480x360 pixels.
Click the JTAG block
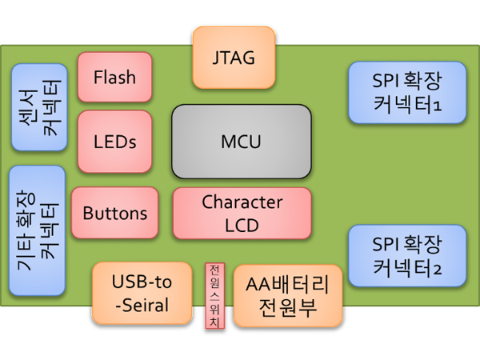tap(234, 58)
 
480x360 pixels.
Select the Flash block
tap(114, 77)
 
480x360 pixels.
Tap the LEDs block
tap(114, 142)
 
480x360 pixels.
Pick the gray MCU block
tap(242, 142)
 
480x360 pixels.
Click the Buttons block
tap(114, 213)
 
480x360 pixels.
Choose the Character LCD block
tap(242, 214)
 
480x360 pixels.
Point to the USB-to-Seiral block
tap(142, 294)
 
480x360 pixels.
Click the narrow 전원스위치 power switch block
tap(215, 296)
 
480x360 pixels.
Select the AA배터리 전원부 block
tap(288, 296)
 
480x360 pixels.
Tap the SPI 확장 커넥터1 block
tap(407, 93)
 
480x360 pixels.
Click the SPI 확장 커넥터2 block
tap(407, 256)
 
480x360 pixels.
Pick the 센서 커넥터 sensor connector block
tap(39, 107)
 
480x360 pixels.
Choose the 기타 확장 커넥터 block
tap(38, 231)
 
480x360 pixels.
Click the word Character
tap(242, 202)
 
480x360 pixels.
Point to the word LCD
tap(242, 226)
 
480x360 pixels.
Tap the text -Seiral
tap(142, 306)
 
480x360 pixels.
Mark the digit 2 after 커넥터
tap(438, 270)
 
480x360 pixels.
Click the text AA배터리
tap(287, 284)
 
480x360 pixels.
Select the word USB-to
tap(142, 282)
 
